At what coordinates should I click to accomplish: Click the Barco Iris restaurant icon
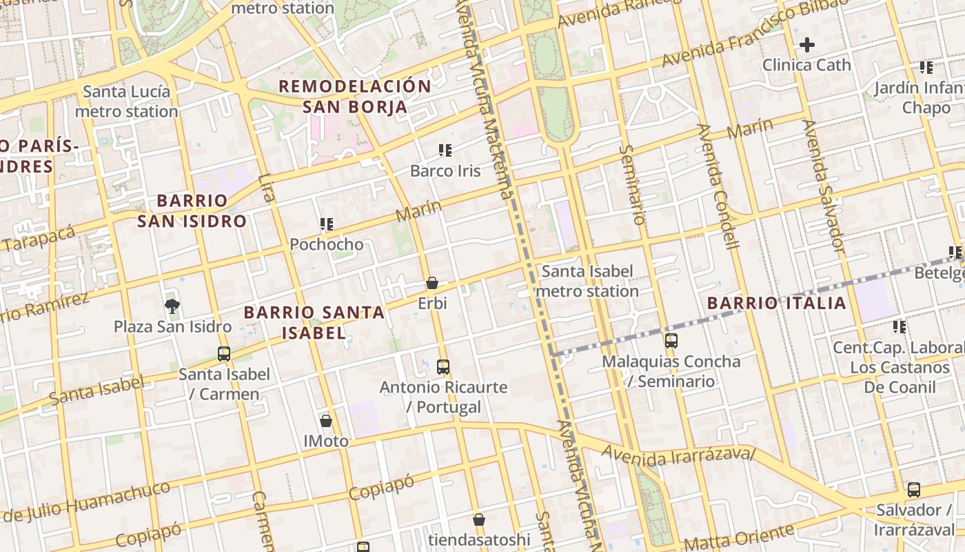[x=445, y=150]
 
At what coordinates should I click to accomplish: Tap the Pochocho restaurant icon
[x=327, y=224]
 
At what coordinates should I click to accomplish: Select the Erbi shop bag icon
[x=432, y=283]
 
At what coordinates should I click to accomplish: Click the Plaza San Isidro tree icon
[x=172, y=306]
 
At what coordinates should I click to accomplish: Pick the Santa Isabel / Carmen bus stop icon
[x=224, y=354]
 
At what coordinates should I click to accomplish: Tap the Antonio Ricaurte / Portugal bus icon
[x=443, y=366]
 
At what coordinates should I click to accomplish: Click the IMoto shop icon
[x=326, y=420]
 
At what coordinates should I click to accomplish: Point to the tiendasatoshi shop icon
[x=479, y=519]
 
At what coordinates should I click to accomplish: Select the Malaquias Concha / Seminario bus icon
[x=671, y=340]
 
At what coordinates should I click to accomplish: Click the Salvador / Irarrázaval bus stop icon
[x=914, y=490]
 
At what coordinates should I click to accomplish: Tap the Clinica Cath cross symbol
[x=806, y=46]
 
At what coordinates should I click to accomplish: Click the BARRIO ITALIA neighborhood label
[x=777, y=303]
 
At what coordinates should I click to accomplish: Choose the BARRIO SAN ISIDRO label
[x=192, y=210]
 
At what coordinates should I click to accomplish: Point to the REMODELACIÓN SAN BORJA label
[x=355, y=97]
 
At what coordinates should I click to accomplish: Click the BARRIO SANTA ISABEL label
[x=314, y=322]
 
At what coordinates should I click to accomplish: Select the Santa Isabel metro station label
[x=587, y=281]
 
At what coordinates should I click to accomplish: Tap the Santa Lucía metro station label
[x=126, y=101]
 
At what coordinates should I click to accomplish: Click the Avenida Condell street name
[x=718, y=186]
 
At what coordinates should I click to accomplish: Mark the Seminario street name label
[x=632, y=184]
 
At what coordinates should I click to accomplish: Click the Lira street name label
[x=266, y=188]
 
